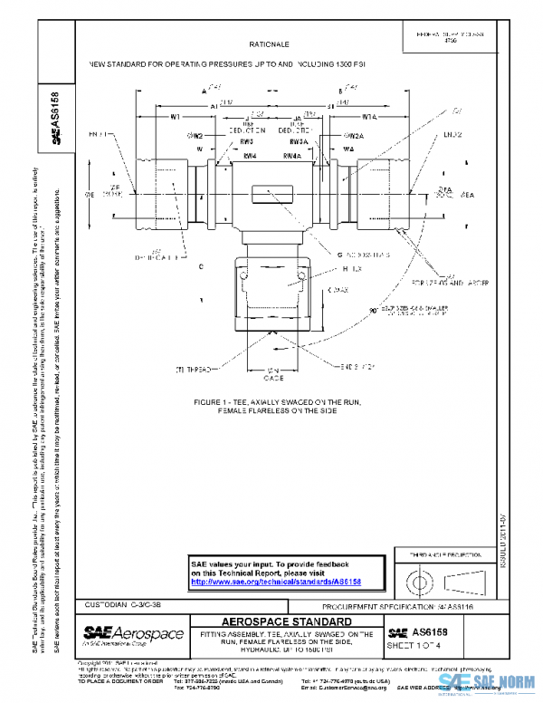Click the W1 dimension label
click(176, 116)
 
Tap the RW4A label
click(292, 156)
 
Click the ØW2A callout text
click(353, 136)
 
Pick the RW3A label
click(300, 142)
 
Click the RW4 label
click(250, 156)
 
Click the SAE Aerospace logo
click(134, 633)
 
